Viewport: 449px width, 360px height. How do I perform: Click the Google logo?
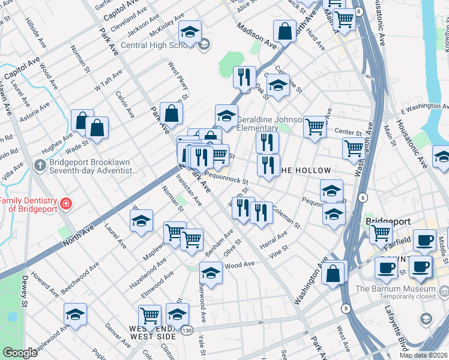(20, 353)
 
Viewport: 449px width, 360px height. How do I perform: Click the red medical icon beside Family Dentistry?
(65, 205)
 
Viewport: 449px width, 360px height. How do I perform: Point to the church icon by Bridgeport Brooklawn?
(40, 164)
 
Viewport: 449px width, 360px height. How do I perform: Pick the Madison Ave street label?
(256, 36)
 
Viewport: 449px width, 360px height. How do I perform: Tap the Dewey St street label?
(25, 292)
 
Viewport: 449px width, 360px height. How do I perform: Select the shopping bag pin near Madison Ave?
(285, 31)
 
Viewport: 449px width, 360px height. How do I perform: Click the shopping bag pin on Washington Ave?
(333, 273)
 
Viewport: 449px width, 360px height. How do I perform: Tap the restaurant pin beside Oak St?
(244, 77)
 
